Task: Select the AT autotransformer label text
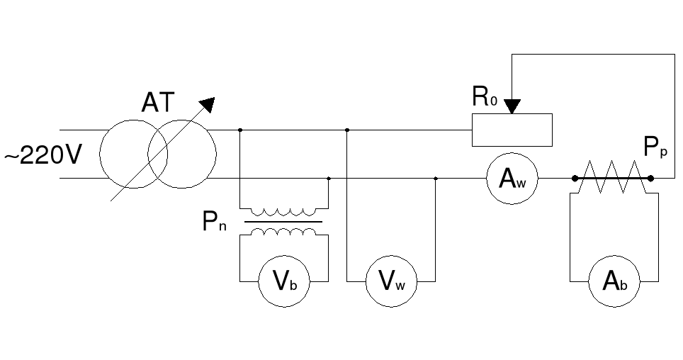tap(157, 103)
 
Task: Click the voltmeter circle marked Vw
tap(391, 282)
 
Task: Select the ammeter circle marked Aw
tap(512, 179)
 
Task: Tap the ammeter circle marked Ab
tap(614, 282)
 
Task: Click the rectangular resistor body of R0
tap(512, 130)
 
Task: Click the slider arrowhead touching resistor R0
tap(512, 106)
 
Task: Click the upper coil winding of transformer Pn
tap(284, 211)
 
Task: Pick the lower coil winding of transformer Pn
tap(284, 232)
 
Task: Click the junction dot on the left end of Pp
tap(574, 179)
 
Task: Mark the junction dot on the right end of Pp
tap(650, 179)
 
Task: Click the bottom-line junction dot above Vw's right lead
tap(435, 179)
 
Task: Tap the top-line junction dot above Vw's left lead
tap(346, 130)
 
